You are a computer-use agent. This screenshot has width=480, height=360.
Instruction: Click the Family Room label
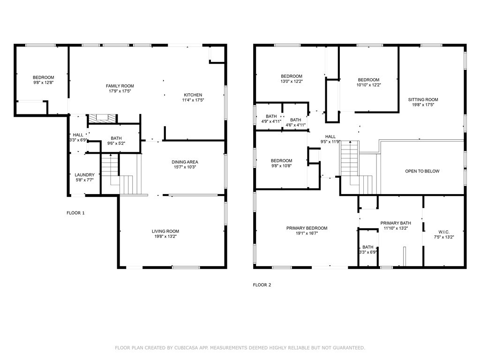(x=120, y=86)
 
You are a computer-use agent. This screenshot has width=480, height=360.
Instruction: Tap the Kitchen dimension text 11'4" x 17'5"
(x=193, y=100)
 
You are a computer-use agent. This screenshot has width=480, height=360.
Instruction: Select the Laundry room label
(x=85, y=175)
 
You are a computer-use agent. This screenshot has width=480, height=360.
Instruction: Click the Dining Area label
(x=185, y=162)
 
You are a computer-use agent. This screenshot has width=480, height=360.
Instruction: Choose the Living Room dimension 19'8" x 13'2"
(x=165, y=236)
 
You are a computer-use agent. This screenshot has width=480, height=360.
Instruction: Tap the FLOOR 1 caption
(x=75, y=213)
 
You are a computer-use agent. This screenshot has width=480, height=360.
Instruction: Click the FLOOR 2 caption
(x=262, y=285)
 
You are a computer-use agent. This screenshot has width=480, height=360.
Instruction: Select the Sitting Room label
(x=423, y=99)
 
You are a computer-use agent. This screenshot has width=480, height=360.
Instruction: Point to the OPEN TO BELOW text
(x=422, y=171)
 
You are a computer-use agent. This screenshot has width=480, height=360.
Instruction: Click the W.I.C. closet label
(x=444, y=232)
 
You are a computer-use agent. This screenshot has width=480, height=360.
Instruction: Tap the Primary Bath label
(x=396, y=223)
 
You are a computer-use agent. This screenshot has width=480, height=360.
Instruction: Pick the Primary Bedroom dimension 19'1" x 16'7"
(x=307, y=233)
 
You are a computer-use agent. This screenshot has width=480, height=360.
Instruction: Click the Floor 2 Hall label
(x=330, y=136)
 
